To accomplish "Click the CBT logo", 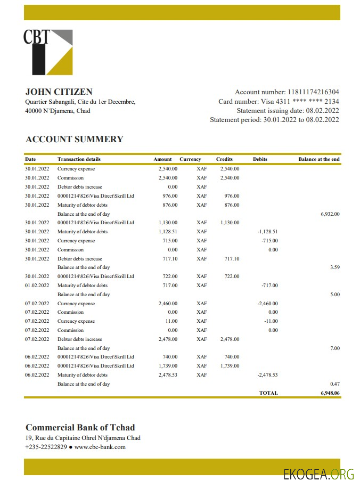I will (48, 52).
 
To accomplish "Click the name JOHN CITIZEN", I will (59, 92).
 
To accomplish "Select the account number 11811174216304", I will (313, 92).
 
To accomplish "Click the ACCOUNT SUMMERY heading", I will (75, 140).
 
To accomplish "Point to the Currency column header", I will (190, 159).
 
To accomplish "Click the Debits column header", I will (260, 159).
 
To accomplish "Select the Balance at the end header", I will (319, 159).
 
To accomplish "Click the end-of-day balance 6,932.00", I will (330, 214).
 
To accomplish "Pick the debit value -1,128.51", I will (267, 232).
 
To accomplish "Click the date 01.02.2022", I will (37, 286).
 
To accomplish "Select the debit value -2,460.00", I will (267, 304).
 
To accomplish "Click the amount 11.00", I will (171, 321).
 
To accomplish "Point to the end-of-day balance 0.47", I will (335, 384).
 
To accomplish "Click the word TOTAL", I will (268, 393).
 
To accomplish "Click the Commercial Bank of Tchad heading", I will (80, 427).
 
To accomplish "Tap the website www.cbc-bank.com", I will (100, 447).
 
